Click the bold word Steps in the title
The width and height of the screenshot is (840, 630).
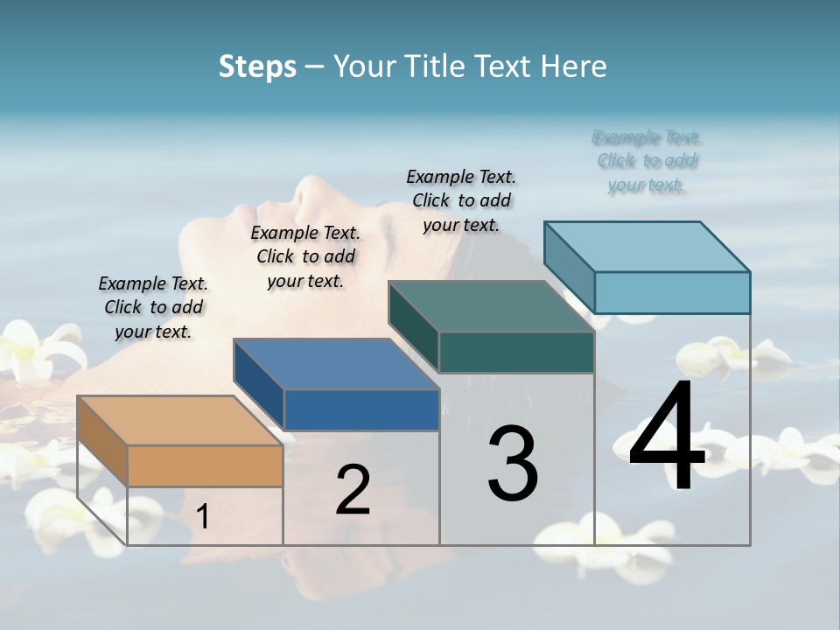click(x=257, y=66)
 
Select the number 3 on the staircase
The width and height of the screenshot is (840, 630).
click(x=513, y=464)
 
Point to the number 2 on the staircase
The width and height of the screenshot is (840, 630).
click(x=353, y=490)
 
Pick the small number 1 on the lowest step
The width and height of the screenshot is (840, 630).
click(x=203, y=517)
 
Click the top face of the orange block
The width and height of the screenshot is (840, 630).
click(x=179, y=421)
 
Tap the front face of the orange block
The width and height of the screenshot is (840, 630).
click(x=205, y=465)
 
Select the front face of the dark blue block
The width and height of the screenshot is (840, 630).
click(x=360, y=409)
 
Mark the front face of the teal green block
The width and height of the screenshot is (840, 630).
click(x=516, y=353)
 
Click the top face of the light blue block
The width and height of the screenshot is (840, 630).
click(x=647, y=247)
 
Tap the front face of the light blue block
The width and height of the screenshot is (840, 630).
click(x=672, y=292)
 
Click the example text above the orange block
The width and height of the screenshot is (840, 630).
click(x=153, y=307)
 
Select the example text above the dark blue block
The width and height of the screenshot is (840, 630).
click(x=305, y=256)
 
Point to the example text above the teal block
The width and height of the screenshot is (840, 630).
click(x=461, y=200)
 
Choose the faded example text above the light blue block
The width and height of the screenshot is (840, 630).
click(x=647, y=161)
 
